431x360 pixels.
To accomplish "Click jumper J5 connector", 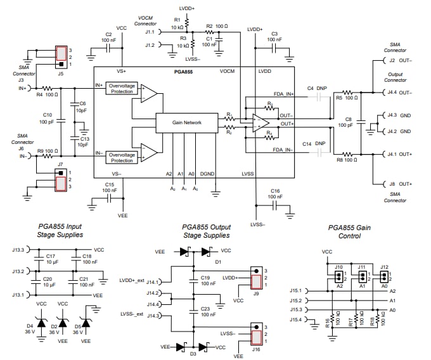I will point(61,56).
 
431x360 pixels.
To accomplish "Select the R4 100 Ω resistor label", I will point(44,95).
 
